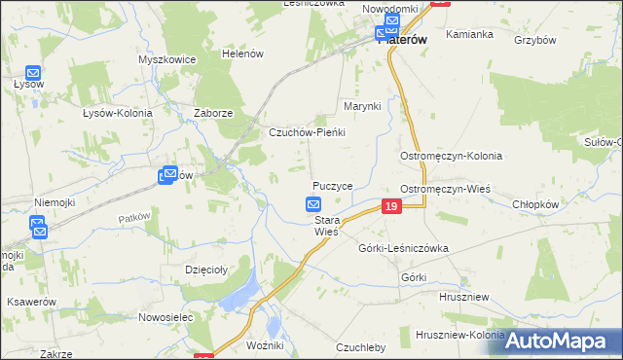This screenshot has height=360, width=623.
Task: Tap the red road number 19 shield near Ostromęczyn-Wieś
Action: coord(390,206)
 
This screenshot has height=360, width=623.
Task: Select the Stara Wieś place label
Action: coord(325,227)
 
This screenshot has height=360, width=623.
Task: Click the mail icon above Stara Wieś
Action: coord(313,204)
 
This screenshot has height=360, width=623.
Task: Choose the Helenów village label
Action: coord(243,54)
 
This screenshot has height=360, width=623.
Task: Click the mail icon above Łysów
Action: coord(32,73)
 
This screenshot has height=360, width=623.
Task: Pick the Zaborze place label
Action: coord(213,113)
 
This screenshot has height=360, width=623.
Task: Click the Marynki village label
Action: coord(360,105)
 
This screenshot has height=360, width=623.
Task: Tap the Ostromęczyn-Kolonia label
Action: coord(451,156)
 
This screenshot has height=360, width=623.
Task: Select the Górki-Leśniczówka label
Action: coord(403,248)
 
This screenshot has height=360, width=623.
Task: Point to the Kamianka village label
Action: coord(469,34)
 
